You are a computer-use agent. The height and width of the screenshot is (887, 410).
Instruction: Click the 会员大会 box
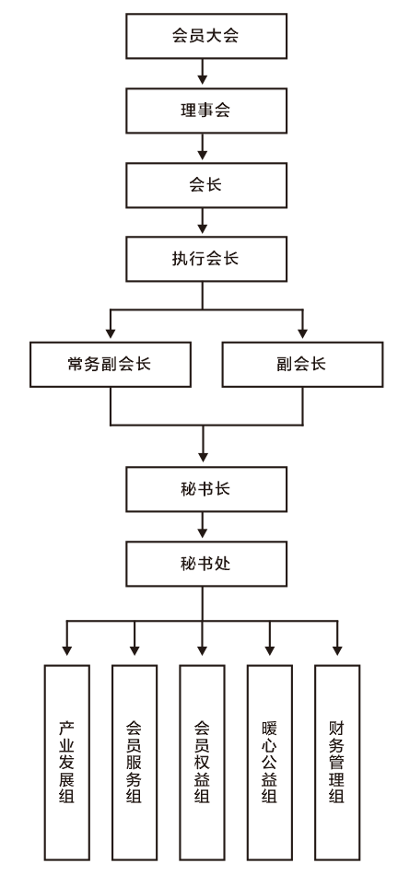pyautogui.click(x=205, y=36)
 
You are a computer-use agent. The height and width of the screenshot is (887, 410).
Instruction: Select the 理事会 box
pyautogui.click(x=205, y=111)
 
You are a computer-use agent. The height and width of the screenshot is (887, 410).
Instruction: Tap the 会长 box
pyautogui.click(x=205, y=185)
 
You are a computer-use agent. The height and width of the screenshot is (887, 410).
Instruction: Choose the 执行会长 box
pyautogui.click(x=205, y=259)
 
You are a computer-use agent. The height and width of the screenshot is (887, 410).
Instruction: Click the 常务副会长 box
pyautogui.click(x=111, y=365)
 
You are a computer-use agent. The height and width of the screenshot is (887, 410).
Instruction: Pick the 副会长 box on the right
pyautogui.click(x=302, y=365)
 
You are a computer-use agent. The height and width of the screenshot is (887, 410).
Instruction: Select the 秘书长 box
pyautogui.click(x=205, y=489)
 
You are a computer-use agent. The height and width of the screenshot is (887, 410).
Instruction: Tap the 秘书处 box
pyautogui.click(x=205, y=564)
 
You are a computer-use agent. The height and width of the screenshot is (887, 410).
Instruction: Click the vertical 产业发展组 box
pyautogui.click(x=66, y=762)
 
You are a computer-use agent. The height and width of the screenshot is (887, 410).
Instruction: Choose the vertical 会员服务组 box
pyautogui.click(x=135, y=762)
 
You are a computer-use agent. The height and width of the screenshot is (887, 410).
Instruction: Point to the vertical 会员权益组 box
pyautogui.click(x=202, y=762)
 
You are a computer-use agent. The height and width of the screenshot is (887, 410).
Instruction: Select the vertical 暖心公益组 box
pyautogui.click(x=270, y=762)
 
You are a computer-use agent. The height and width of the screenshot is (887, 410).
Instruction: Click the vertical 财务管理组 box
pyautogui.click(x=337, y=762)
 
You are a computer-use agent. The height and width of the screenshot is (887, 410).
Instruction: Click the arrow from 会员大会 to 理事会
pyautogui.click(x=203, y=72)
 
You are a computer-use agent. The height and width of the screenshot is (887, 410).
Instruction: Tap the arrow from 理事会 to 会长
pyautogui.click(x=203, y=146)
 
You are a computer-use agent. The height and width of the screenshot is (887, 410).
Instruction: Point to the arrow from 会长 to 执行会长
pyautogui.click(x=203, y=221)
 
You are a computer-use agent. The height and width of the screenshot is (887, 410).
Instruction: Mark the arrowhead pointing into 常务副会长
pyautogui.click(x=111, y=333)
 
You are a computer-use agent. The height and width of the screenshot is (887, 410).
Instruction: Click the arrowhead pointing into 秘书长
pyautogui.click(x=203, y=457)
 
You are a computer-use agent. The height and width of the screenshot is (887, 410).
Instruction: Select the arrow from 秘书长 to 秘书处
pyautogui.click(x=203, y=525)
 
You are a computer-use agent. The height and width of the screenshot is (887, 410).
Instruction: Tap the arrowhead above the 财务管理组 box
pyautogui.click(x=337, y=650)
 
